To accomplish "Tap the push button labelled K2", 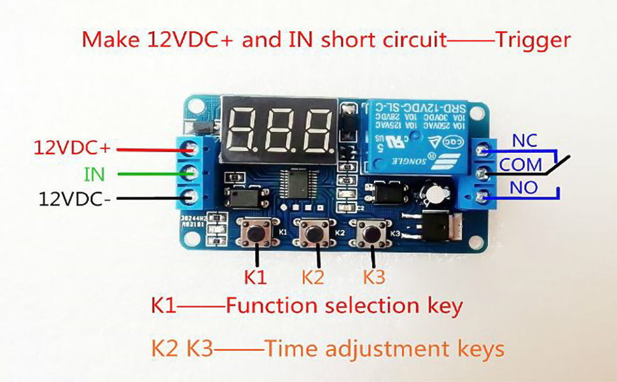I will [312, 233].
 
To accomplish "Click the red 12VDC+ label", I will [72, 148].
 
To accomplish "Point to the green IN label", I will [94, 174].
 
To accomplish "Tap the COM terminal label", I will [520, 165].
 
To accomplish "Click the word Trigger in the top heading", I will [532, 40].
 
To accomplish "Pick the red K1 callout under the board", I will [256, 278].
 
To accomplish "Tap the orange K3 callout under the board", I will [374, 278].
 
